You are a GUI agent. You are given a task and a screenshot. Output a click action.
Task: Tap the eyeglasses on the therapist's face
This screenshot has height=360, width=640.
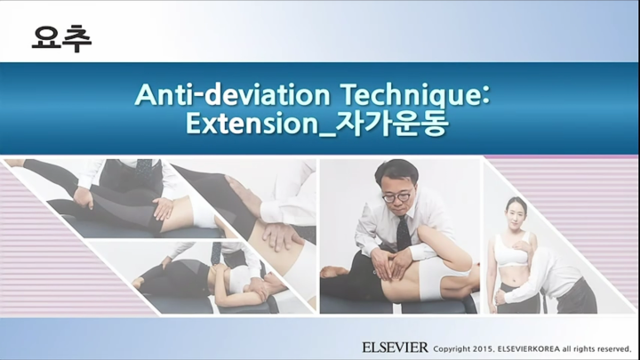coord(397,195)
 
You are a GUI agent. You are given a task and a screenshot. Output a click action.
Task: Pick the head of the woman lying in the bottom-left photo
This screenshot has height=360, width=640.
coord(142,283)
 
